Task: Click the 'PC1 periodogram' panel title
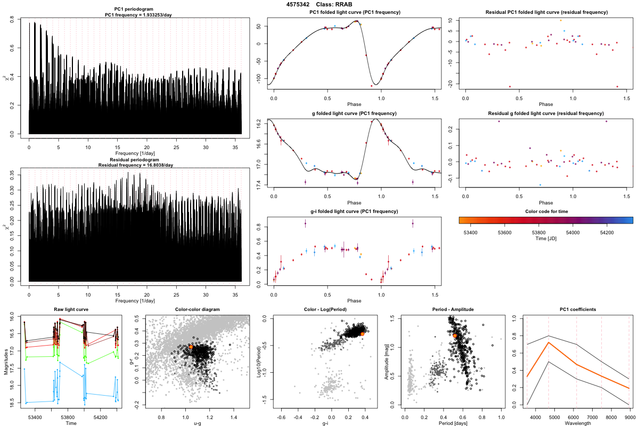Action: coord(135,10)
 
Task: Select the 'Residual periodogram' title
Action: coord(135,160)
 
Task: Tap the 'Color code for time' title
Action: coord(545,211)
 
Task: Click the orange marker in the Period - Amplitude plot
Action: coord(455,335)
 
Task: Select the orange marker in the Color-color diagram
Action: coord(191,347)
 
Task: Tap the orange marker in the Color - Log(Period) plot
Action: coord(362,333)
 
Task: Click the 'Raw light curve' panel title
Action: coord(71,310)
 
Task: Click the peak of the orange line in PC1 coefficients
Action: coord(548,342)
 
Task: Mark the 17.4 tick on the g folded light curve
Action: coord(259,185)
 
